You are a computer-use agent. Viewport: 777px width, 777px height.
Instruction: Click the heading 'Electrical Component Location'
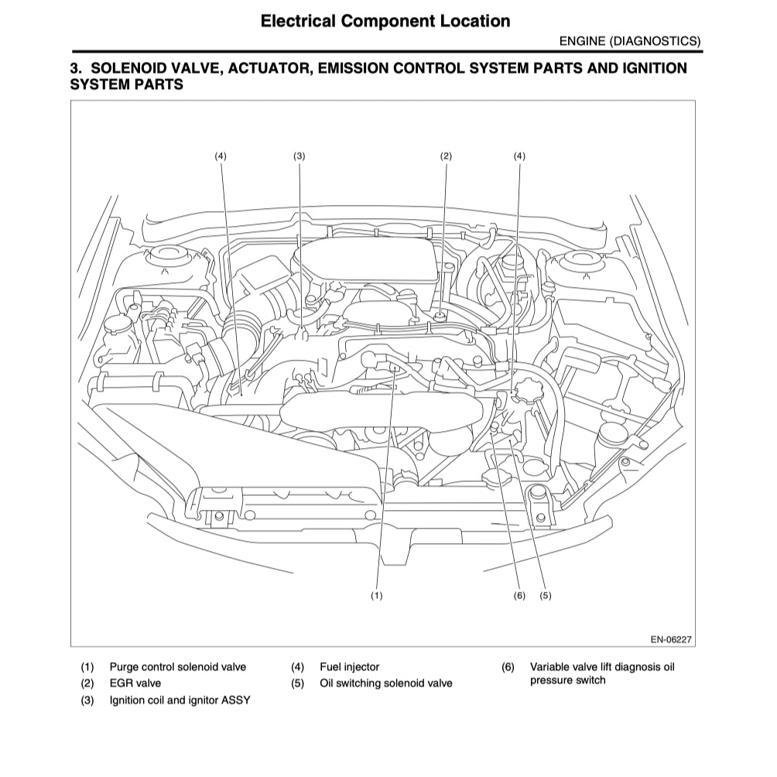coord(385,21)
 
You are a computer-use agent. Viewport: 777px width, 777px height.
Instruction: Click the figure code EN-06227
coord(670,639)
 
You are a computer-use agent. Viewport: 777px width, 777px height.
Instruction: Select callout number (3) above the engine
coord(300,156)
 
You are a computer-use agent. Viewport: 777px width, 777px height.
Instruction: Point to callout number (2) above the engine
coord(446,156)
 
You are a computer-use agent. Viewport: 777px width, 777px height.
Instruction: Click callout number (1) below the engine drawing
coord(377,595)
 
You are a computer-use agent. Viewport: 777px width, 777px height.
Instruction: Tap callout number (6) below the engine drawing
coord(519,595)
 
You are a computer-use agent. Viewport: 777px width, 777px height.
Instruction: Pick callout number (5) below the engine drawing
coord(546,595)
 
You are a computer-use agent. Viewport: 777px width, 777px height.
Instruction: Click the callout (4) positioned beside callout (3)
coord(221,156)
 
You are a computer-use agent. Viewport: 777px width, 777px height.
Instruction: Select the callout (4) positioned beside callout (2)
coord(519,156)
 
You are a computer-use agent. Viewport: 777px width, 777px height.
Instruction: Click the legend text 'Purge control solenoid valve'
coord(177,666)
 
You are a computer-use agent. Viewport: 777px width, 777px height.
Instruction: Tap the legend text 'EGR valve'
coord(135,683)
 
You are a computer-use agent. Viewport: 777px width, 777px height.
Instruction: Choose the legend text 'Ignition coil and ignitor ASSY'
coord(180,700)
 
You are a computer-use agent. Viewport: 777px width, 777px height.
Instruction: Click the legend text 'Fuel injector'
coord(349,666)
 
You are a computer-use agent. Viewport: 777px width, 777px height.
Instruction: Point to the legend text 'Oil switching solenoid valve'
coord(385,683)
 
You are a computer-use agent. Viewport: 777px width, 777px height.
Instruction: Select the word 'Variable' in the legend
coord(549,666)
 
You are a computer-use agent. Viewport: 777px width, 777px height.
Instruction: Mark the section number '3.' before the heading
coord(76,68)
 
